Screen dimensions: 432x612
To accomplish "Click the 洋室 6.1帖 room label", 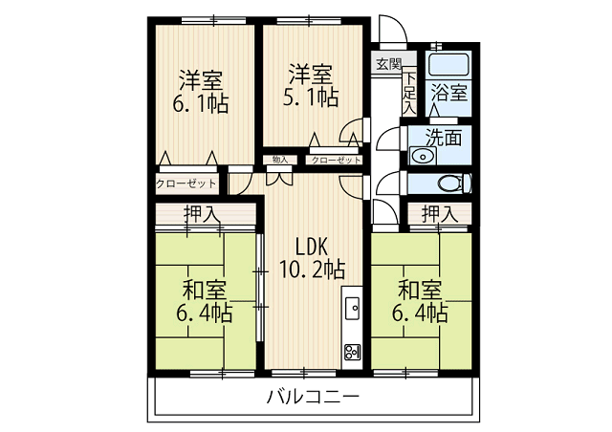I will point(202,89).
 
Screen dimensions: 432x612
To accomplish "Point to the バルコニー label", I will point(313,395).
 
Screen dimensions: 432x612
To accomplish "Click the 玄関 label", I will point(387,64).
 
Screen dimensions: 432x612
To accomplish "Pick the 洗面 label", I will point(444,137).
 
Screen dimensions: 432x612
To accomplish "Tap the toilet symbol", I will point(447,184).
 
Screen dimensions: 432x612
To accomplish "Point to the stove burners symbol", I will point(351,351).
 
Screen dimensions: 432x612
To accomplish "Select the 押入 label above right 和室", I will point(440,214).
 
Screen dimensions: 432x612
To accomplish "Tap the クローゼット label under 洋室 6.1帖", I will point(186,183).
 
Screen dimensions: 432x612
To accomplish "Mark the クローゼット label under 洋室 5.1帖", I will point(336,160).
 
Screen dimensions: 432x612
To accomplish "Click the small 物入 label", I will point(280,160).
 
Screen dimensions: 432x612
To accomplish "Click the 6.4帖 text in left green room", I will point(203,313).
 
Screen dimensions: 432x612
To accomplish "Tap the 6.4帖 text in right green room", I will point(421,313).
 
